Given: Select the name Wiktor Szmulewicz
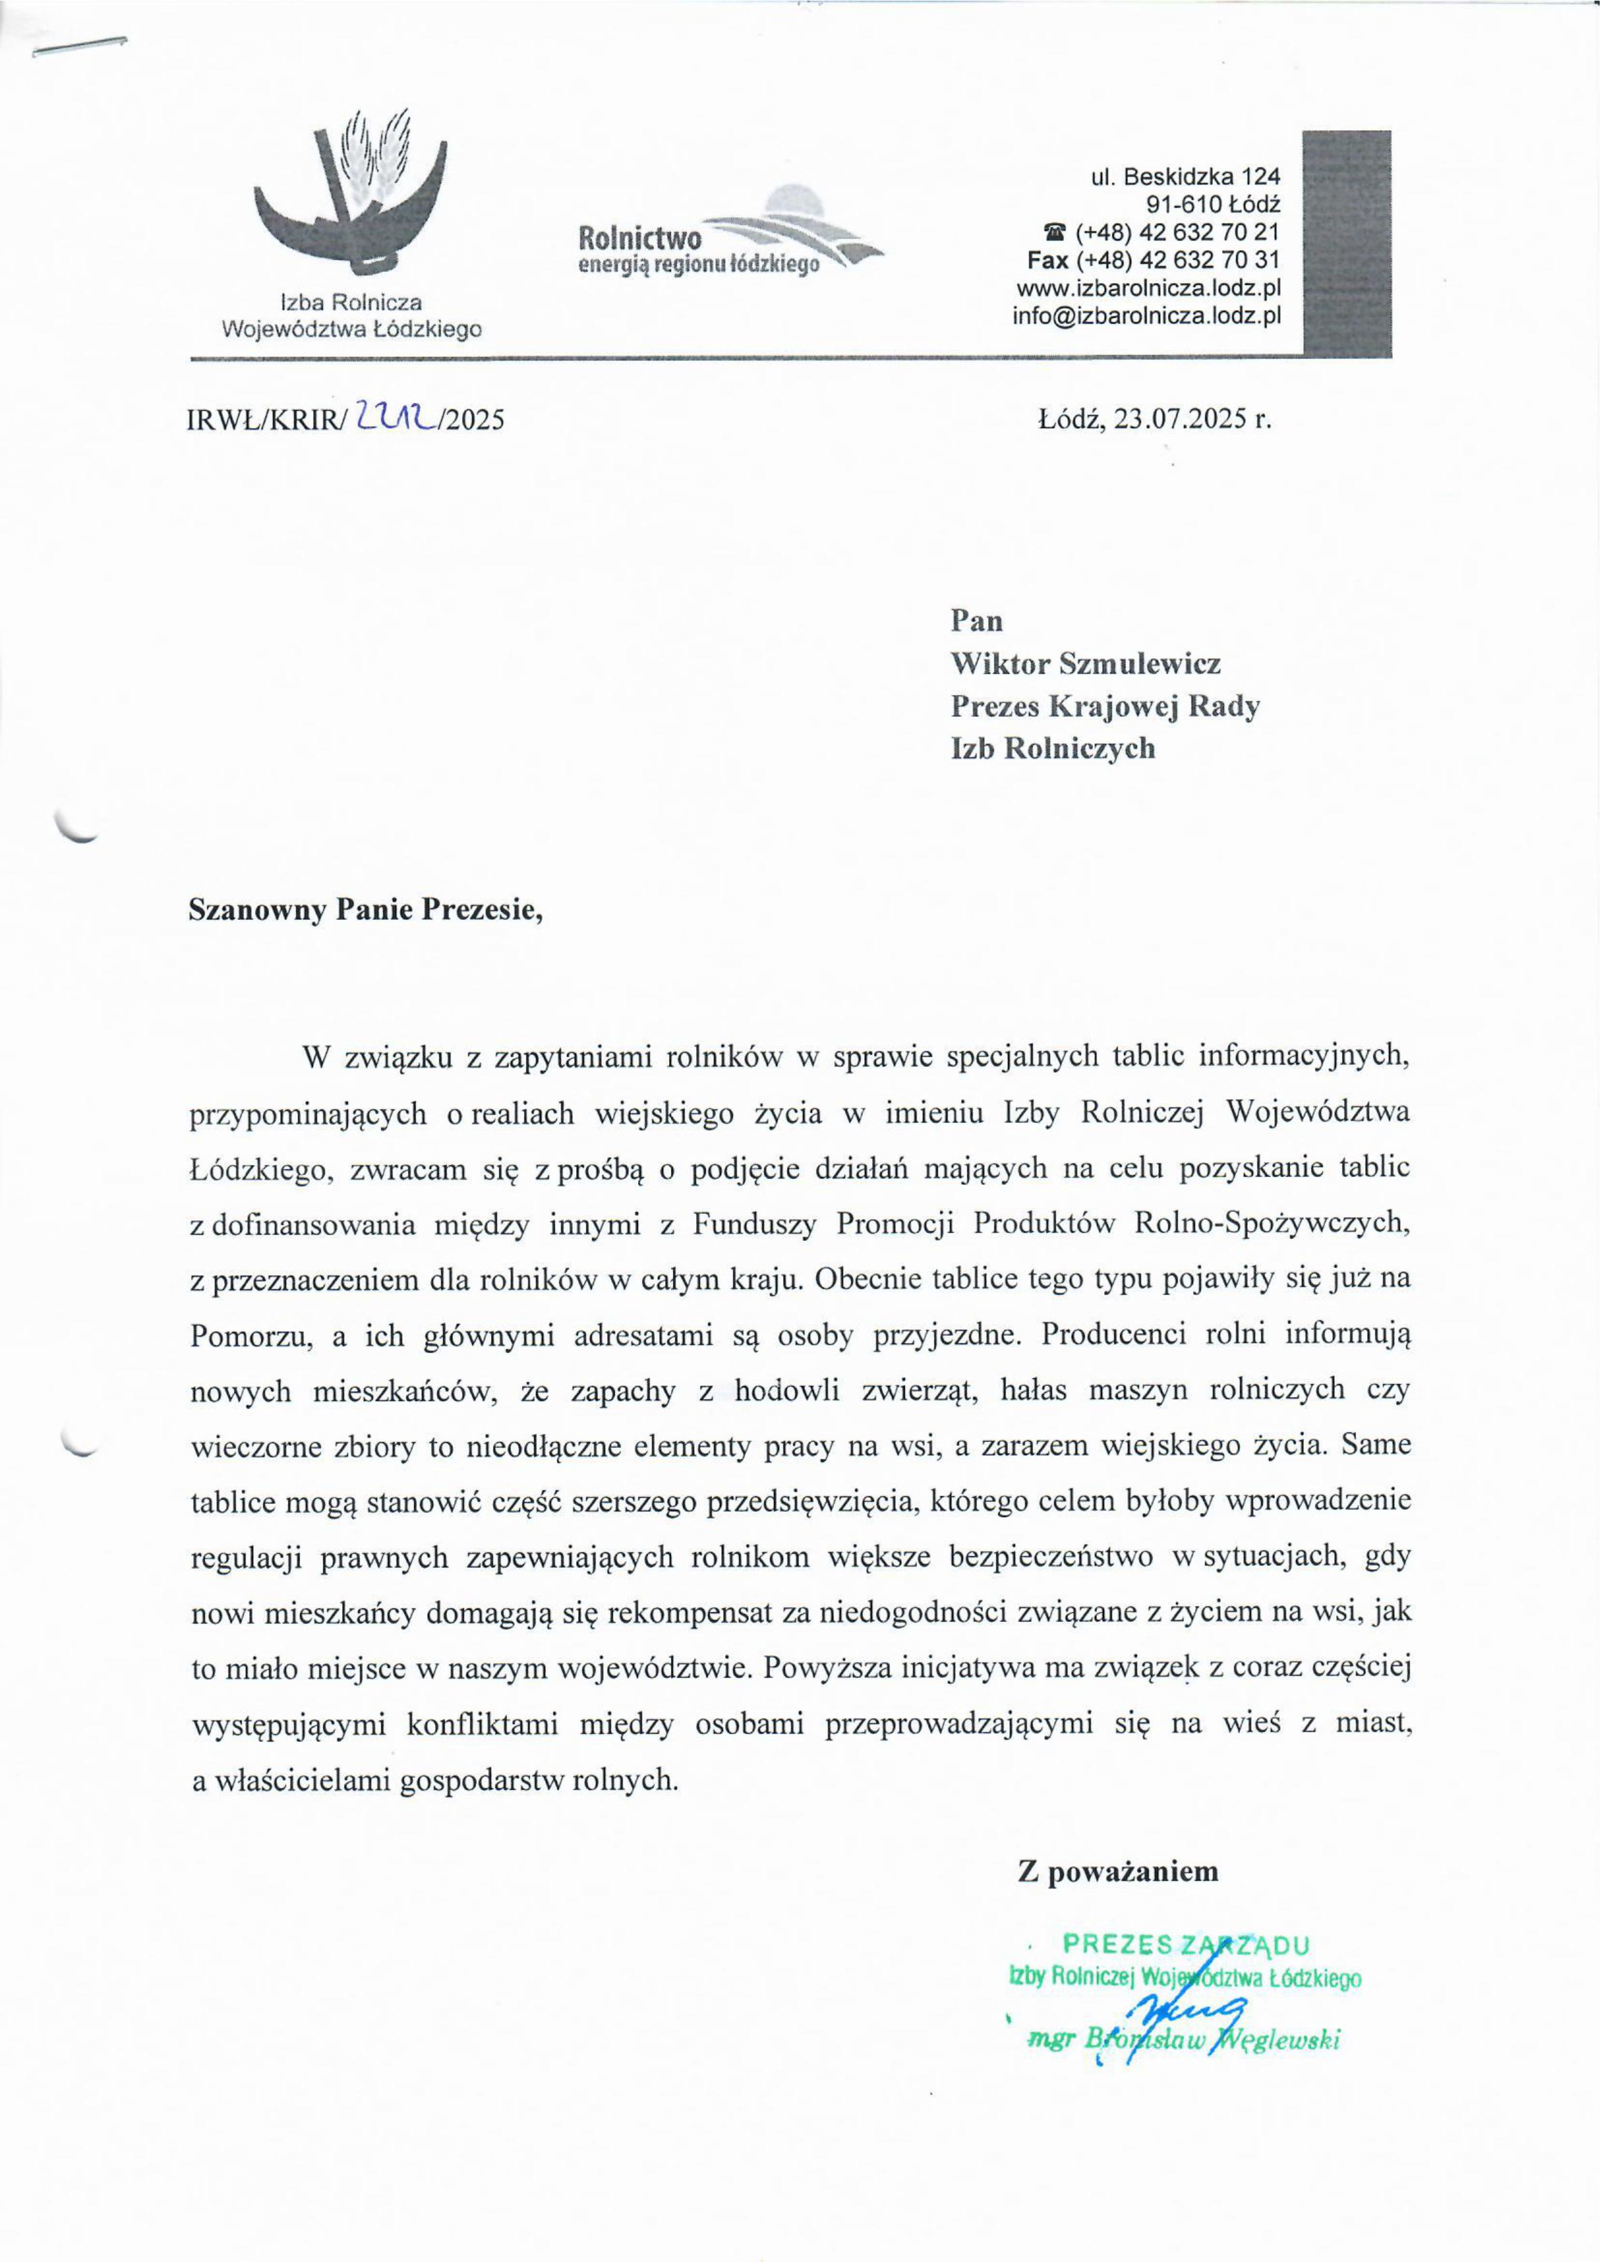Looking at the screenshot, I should [1085, 663].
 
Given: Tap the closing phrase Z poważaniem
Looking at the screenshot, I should [1118, 1871].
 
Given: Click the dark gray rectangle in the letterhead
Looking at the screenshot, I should [1346, 242].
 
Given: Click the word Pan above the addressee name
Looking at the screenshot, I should [976, 621].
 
